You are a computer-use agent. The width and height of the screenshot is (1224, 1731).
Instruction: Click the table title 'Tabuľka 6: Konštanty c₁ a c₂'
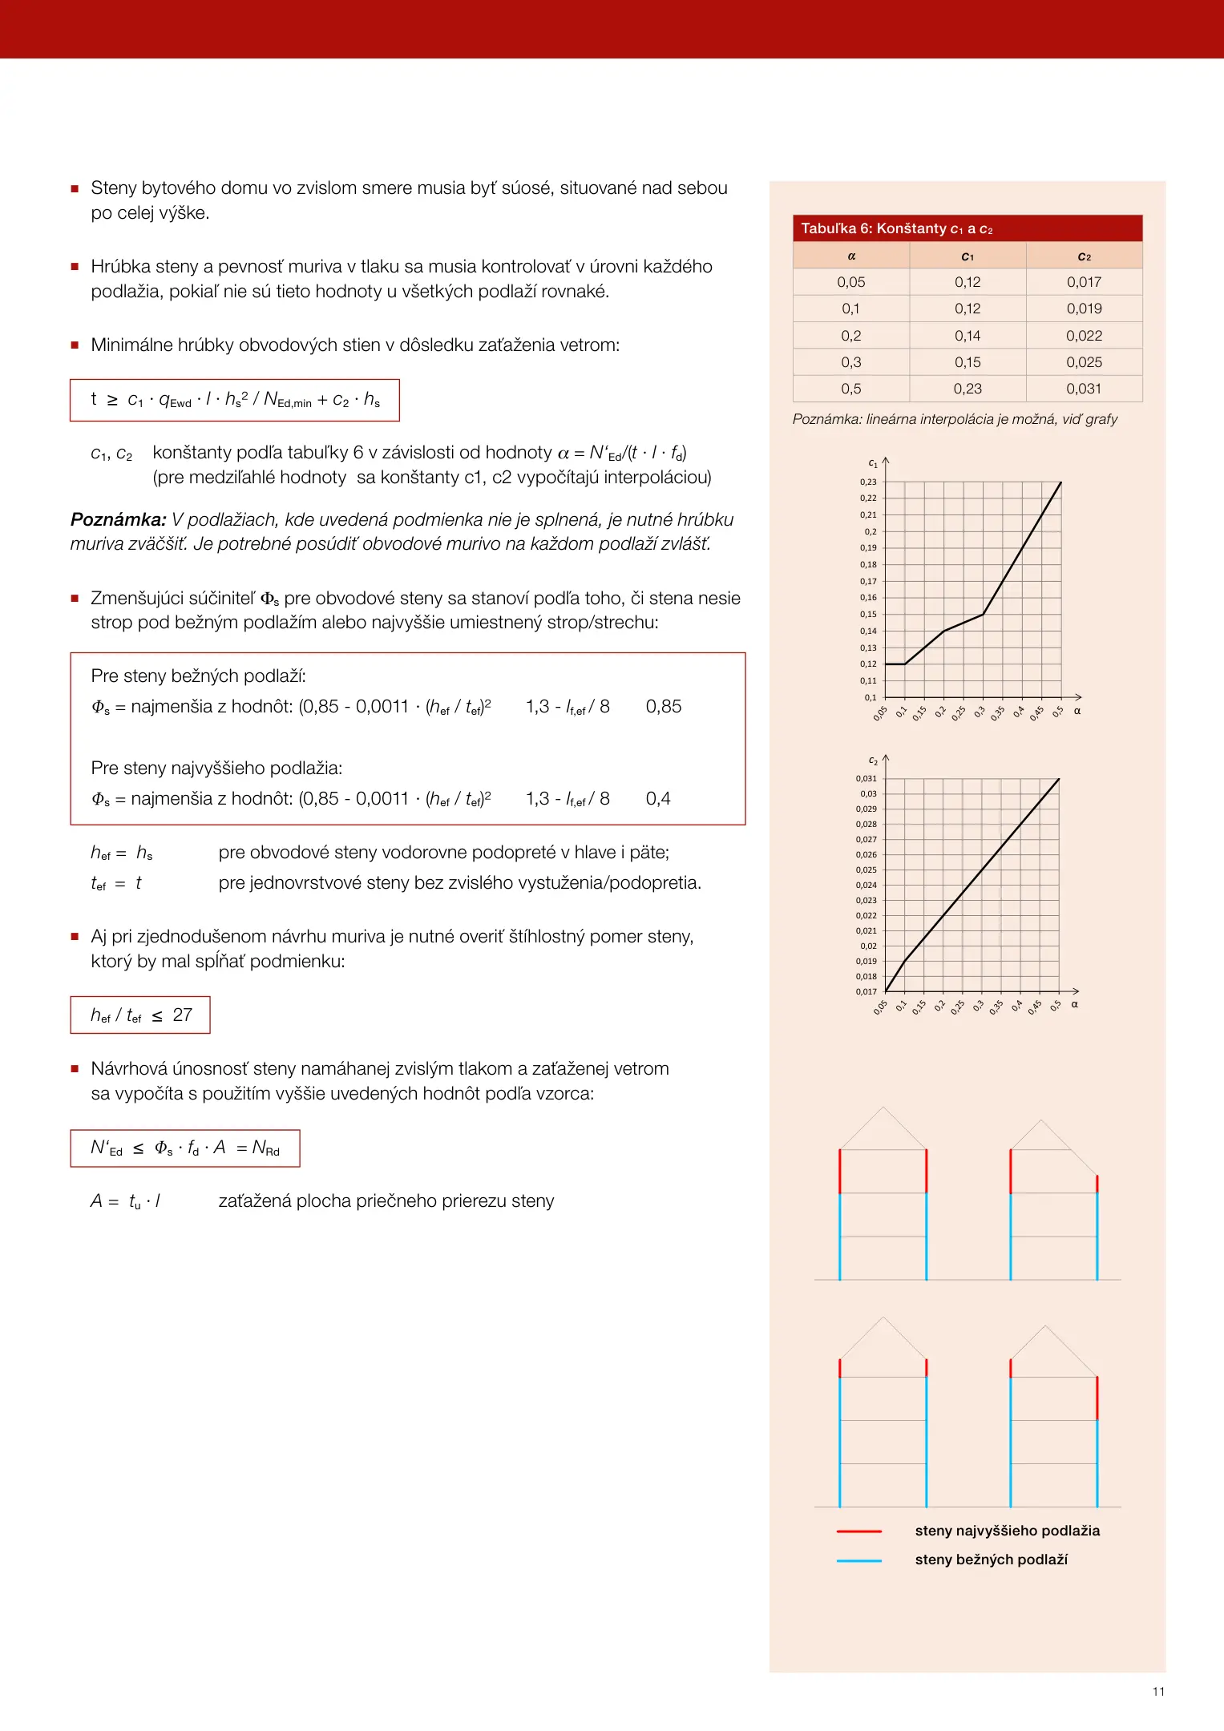point(896,228)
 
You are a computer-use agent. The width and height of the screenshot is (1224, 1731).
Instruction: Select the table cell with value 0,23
point(967,389)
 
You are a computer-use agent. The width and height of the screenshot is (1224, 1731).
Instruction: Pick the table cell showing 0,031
point(1084,389)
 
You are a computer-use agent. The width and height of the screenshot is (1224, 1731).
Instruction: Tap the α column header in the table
point(851,256)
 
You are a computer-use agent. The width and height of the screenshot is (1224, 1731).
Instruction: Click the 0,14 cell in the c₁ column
point(967,336)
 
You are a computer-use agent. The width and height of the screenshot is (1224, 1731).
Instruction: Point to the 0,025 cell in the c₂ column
point(1084,362)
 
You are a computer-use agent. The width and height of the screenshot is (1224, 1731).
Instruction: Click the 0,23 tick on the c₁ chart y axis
point(868,482)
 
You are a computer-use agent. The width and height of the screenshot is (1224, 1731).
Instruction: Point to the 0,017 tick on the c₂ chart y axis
point(866,992)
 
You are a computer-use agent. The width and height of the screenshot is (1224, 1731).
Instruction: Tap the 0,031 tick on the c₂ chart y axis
point(866,779)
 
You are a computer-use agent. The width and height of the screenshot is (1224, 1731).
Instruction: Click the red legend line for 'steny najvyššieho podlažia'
point(858,1531)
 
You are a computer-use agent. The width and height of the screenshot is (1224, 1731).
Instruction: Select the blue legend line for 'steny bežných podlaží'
point(858,1560)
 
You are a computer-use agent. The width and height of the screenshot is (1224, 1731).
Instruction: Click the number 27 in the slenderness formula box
point(183,1015)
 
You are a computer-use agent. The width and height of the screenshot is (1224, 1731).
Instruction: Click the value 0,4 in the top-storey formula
point(658,799)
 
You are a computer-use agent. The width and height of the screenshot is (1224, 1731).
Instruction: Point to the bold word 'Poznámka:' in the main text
point(118,519)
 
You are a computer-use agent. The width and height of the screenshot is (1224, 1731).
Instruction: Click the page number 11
point(1158,1692)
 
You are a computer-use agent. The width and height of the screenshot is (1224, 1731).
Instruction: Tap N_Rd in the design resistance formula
point(266,1148)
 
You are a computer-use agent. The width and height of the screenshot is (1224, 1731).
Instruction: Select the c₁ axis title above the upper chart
point(872,463)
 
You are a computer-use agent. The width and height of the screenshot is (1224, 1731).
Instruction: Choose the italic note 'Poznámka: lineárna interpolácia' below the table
point(955,419)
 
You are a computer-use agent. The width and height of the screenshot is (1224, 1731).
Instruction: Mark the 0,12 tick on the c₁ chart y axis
point(868,664)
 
